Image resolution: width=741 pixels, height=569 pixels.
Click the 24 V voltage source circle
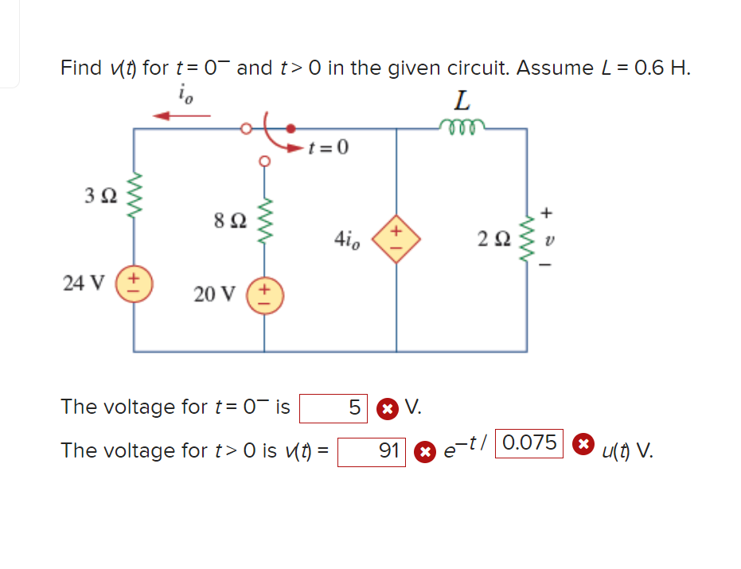[133, 283]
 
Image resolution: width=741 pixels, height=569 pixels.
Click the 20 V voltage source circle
[264, 294]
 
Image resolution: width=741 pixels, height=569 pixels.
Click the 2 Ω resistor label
[493, 237]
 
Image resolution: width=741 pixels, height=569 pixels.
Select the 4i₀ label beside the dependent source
[348, 237]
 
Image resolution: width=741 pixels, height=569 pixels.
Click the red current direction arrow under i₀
[181, 116]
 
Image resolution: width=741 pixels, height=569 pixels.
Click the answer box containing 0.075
[530, 443]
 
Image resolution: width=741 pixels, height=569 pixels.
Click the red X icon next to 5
[386, 409]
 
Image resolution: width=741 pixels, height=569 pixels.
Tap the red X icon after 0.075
[583, 444]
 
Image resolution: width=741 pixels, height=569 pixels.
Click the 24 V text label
[84, 283]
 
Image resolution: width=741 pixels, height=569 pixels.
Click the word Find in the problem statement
[81, 68]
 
